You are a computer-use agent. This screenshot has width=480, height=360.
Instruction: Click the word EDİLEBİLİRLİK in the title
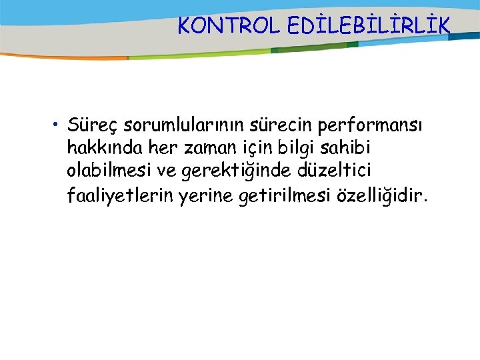(369, 25)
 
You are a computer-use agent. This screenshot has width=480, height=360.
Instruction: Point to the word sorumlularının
(177, 125)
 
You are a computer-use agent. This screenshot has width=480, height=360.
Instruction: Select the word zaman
(195, 148)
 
